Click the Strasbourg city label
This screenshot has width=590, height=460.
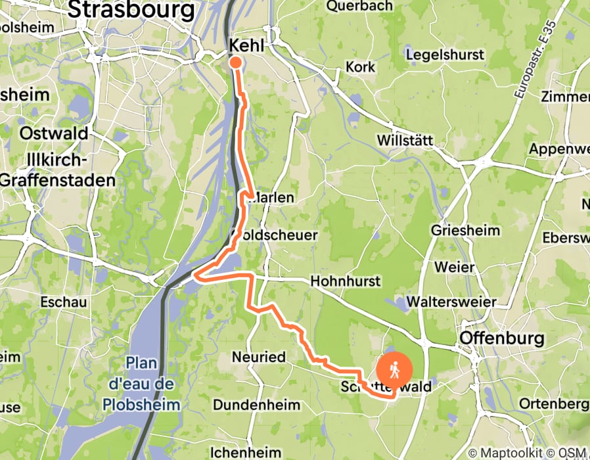[x=131, y=11]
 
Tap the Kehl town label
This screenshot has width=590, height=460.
[x=246, y=45]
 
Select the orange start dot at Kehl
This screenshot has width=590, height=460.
[x=235, y=62]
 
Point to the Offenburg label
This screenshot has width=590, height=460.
[x=503, y=338]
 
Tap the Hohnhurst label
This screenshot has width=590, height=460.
[x=345, y=281]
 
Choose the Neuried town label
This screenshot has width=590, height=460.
[x=259, y=357]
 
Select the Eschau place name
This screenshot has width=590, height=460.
[x=64, y=303]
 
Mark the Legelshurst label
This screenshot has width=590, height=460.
[x=445, y=55]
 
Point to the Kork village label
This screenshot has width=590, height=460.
[x=361, y=67]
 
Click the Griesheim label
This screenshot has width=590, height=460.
[x=465, y=231]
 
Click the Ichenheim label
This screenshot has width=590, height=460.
[x=246, y=452]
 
